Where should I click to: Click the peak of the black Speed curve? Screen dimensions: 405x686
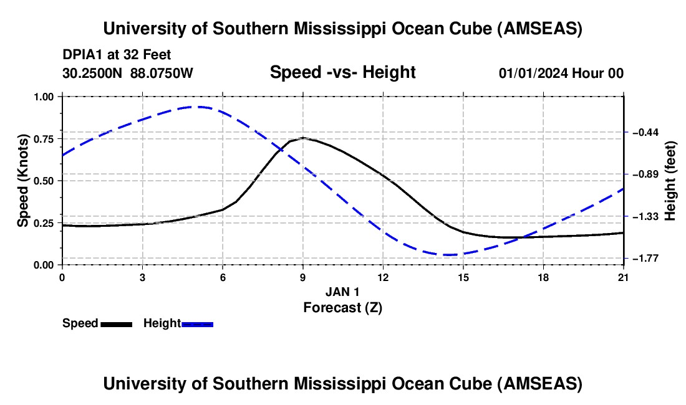tap(303, 138)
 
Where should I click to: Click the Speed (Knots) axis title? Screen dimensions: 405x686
tap(23, 181)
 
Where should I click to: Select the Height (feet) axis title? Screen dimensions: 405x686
tap(670, 181)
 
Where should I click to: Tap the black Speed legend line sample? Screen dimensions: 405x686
tap(116, 324)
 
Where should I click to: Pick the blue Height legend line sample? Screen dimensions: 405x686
tap(197, 324)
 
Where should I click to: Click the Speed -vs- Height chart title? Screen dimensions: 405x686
tap(342, 72)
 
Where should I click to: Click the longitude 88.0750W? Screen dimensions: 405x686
tap(162, 73)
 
